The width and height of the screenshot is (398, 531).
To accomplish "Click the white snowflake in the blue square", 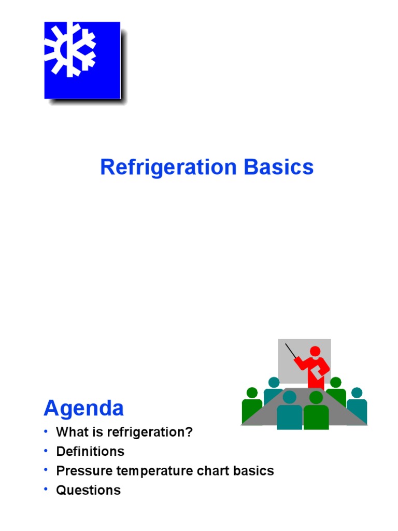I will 70,50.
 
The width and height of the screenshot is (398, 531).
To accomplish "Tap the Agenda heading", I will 84,409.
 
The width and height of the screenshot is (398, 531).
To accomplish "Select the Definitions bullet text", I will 90,452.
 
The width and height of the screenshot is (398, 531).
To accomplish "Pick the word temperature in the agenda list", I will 151,471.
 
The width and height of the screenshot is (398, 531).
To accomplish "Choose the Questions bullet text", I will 88,490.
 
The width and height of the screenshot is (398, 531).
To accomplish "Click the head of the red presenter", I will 315,351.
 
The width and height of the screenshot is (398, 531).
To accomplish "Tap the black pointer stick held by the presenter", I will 292,351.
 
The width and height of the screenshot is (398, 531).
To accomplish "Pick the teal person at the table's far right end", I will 357,407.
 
